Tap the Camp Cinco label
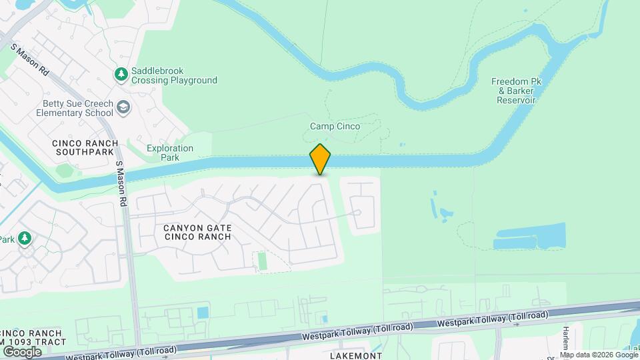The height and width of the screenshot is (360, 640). (335, 126)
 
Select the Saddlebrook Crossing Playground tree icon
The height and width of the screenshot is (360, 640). (121, 74)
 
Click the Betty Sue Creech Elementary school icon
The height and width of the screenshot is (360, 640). (123, 107)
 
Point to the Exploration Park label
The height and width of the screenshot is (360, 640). (169, 153)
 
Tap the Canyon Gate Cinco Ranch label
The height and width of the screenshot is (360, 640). (197, 232)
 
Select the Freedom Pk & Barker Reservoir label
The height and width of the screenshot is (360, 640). (514, 91)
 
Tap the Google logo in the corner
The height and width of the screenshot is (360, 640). (22, 351)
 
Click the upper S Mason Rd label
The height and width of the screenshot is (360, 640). (30, 59)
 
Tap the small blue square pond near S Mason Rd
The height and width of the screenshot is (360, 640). (203, 312)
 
